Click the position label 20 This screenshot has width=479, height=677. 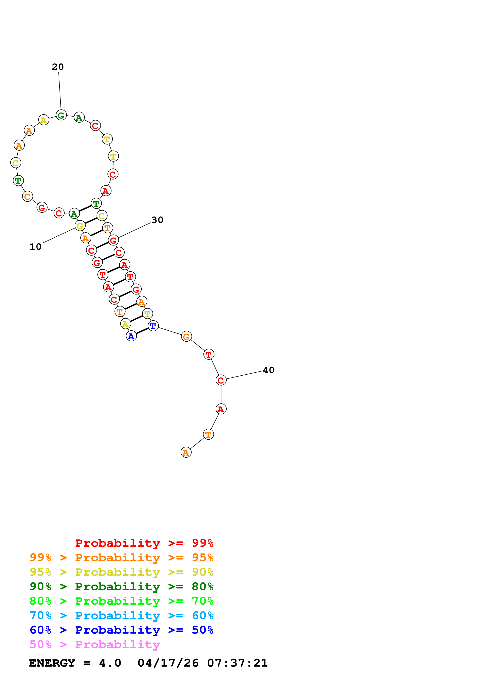coord(58,67)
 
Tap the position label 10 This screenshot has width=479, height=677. coord(35,247)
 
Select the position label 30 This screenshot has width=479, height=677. coord(157,220)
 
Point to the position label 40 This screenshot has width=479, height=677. coord(269,370)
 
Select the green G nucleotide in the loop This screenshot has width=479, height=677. coord(61,115)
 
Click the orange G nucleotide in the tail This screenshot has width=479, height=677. coord(186,336)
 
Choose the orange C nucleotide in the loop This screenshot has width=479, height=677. coord(27,196)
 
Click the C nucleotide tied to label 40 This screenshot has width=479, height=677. coord(221,380)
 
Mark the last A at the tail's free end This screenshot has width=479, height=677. coord(186,452)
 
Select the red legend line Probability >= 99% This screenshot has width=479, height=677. coord(144,543)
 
